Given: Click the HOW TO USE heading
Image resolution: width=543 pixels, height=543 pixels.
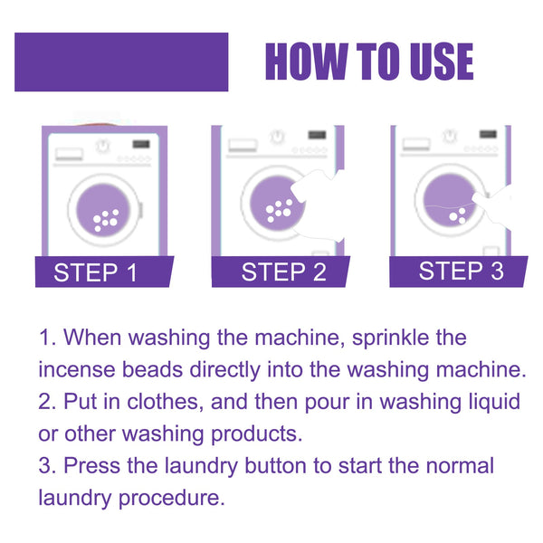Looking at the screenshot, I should (x=368, y=62).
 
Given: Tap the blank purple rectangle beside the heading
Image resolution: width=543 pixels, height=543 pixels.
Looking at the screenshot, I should (x=121, y=62).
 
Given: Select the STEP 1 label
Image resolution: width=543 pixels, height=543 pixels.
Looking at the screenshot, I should (x=96, y=272).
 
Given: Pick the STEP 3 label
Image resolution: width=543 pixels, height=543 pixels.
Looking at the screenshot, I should (x=461, y=271).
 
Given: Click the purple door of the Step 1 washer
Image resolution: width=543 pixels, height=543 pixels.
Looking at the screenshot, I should (x=104, y=207).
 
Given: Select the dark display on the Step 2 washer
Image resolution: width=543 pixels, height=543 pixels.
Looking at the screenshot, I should (x=316, y=136).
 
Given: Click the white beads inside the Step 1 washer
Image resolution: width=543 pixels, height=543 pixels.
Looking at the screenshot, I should (x=107, y=218).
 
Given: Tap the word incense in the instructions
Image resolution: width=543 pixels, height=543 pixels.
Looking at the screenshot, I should (x=73, y=369).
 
